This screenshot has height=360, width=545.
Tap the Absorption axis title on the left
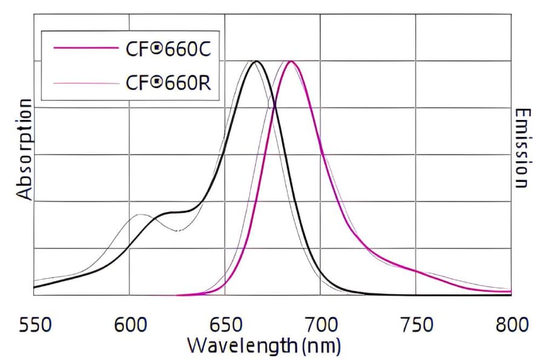click(x=24, y=149)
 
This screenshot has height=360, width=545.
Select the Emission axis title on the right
click(x=522, y=148)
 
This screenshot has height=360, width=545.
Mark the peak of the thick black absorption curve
click(x=256, y=61)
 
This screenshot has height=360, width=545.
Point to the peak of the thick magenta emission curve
click(x=291, y=61)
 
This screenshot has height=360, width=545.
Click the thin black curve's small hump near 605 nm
click(x=140, y=215)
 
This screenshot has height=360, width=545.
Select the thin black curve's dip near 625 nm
click(x=177, y=230)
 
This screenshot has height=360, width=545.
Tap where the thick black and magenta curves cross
click(x=275, y=108)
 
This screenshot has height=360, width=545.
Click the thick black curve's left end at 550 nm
click(x=34, y=287)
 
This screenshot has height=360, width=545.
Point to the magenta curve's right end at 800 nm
click(x=510, y=292)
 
